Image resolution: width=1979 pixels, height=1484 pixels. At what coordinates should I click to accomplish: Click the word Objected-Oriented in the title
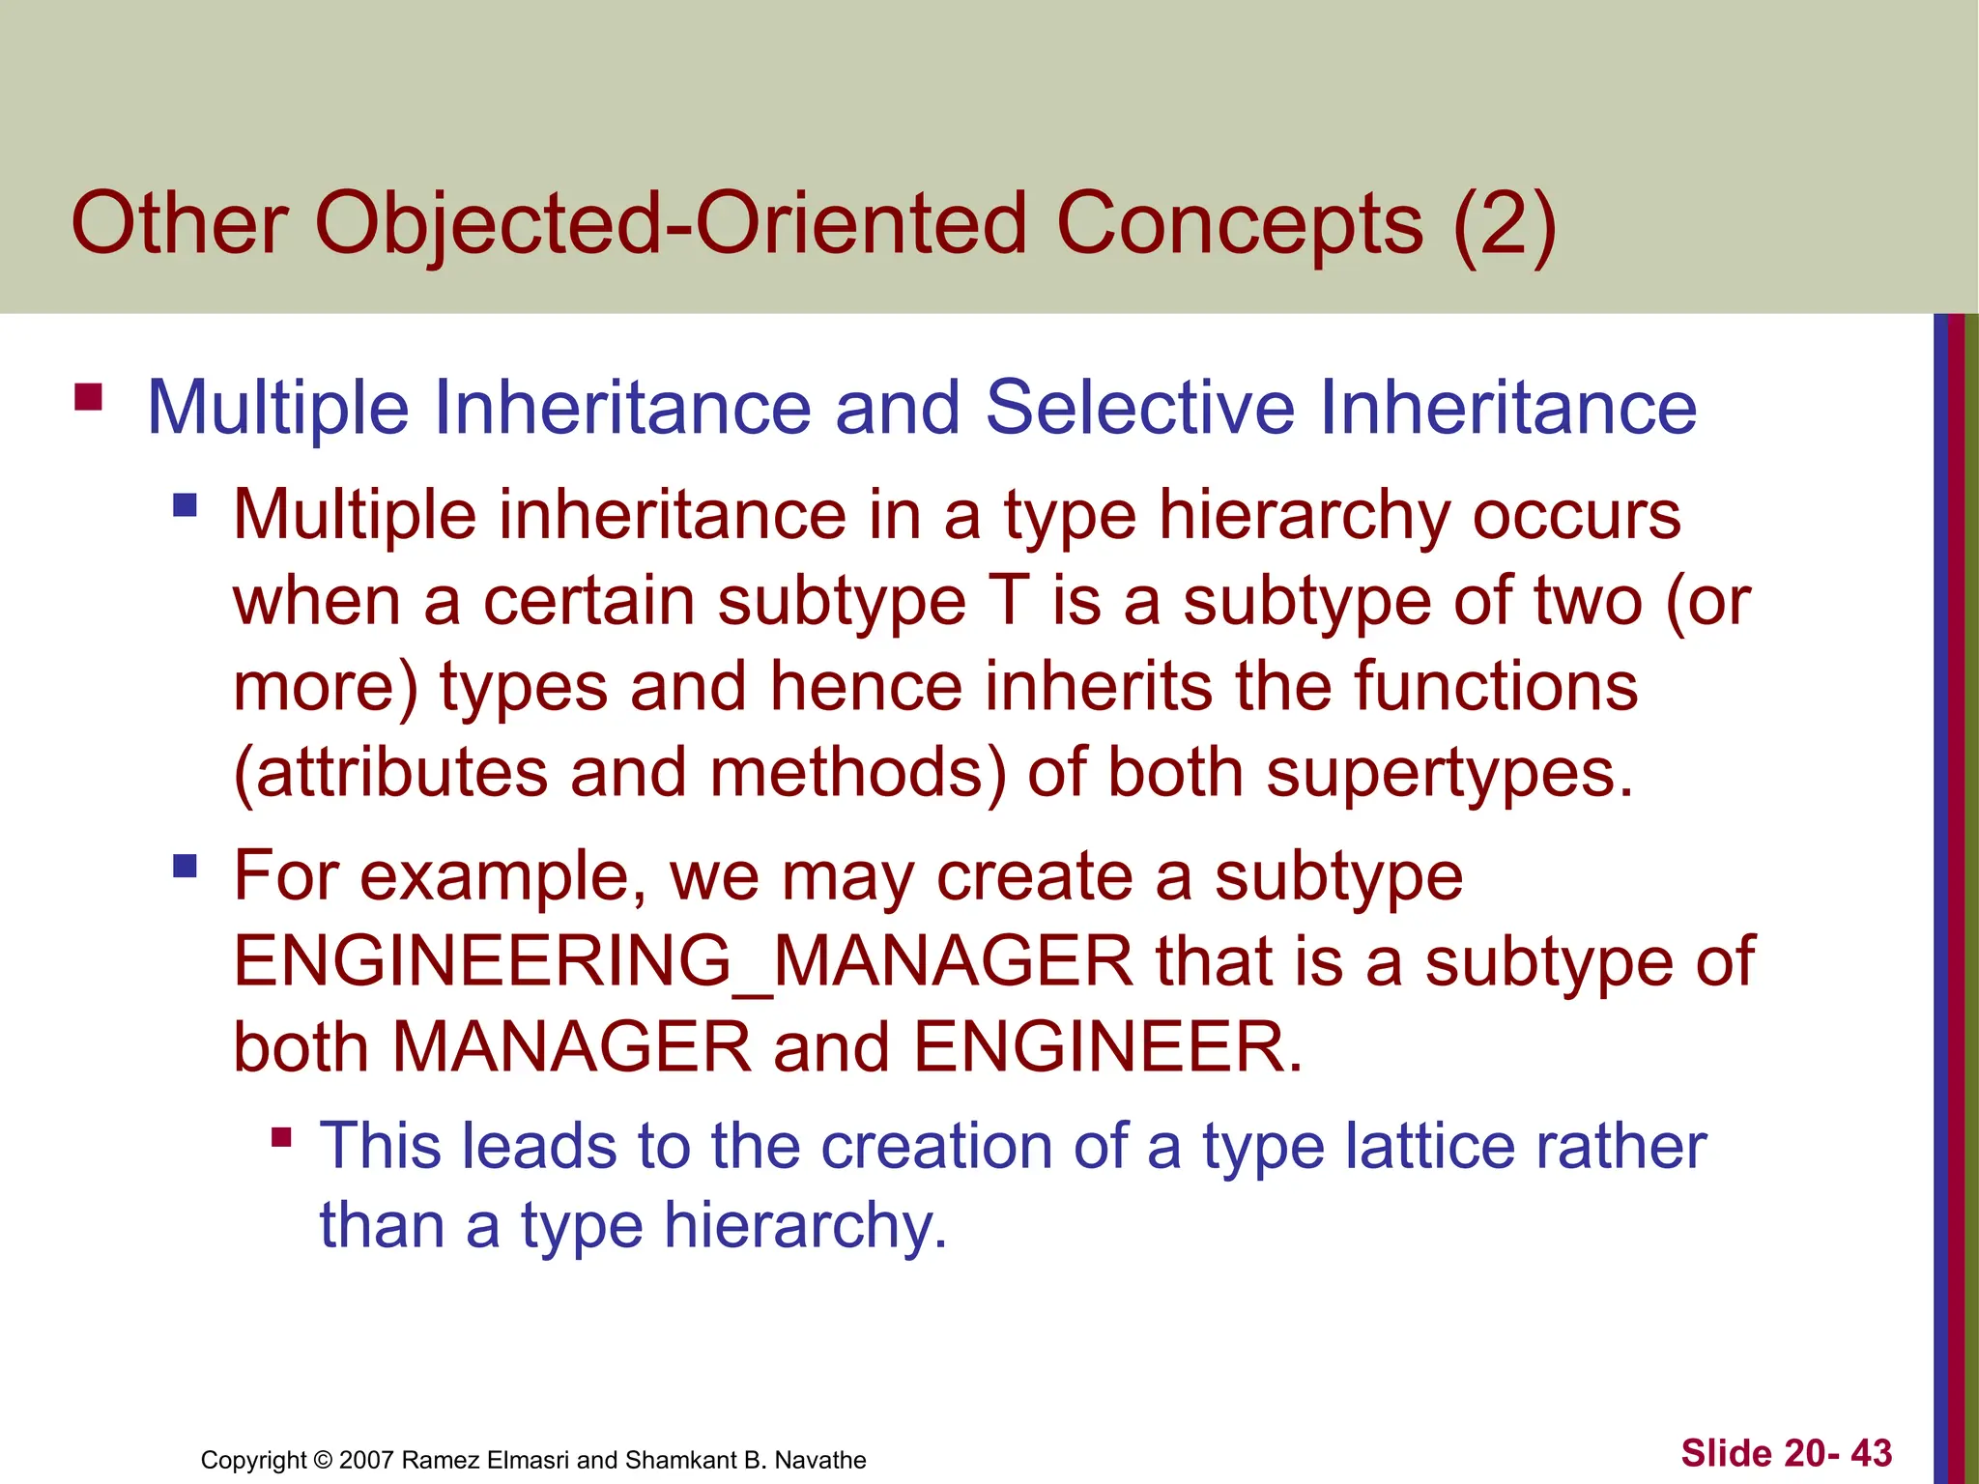[x=671, y=224]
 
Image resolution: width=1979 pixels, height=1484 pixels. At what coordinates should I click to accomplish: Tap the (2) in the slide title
[x=1504, y=224]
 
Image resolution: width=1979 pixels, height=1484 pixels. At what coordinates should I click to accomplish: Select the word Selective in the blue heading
[x=1139, y=408]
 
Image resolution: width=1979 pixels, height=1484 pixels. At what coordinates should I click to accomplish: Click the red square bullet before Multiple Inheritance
[x=88, y=397]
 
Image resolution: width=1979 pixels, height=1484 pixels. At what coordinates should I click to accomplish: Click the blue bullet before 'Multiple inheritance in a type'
[x=185, y=505]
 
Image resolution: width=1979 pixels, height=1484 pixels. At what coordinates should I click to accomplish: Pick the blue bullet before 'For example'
[x=185, y=865]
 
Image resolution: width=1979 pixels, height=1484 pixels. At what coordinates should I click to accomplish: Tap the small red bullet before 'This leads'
[x=281, y=1137]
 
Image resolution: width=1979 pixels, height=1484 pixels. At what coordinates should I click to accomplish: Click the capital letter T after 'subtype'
[x=1009, y=601]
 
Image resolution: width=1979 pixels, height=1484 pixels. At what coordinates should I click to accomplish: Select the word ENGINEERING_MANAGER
[x=683, y=961]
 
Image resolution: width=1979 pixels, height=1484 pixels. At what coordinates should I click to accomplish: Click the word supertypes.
[x=1449, y=774]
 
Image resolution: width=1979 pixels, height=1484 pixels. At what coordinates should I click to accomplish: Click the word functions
[x=1495, y=687]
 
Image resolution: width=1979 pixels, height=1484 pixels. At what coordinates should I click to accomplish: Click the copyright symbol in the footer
[x=323, y=1460]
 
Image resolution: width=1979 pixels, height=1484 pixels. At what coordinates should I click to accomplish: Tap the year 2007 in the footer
[x=366, y=1460]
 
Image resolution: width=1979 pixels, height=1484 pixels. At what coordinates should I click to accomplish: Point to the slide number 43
[x=1871, y=1453]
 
